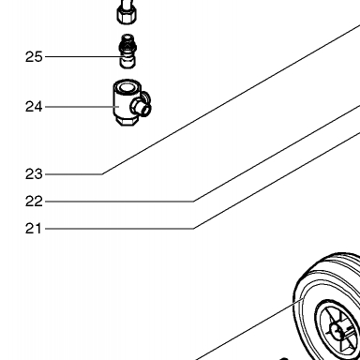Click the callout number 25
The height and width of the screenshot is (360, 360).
pos(34,57)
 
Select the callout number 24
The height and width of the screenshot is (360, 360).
pos(34,107)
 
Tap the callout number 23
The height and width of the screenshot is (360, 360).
pos(34,174)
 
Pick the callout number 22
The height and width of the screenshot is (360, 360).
pos(34,202)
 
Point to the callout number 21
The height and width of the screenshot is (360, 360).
pos(34,229)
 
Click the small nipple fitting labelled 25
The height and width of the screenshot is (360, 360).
pos(127,52)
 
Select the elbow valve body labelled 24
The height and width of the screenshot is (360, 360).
pos(132,103)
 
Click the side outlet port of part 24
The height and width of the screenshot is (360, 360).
pos(142,106)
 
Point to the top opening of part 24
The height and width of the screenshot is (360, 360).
pos(127,87)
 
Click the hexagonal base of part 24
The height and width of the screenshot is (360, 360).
pos(127,121)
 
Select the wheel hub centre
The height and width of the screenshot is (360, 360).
pos(337,330)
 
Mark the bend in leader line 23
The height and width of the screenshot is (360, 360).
pos(102,174)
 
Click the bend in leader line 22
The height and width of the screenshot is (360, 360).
pos(193,202)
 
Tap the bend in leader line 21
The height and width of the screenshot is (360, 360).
pos(193,229)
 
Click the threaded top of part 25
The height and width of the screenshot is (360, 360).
pos(127,38)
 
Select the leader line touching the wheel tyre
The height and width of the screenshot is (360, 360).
pos(249,329)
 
